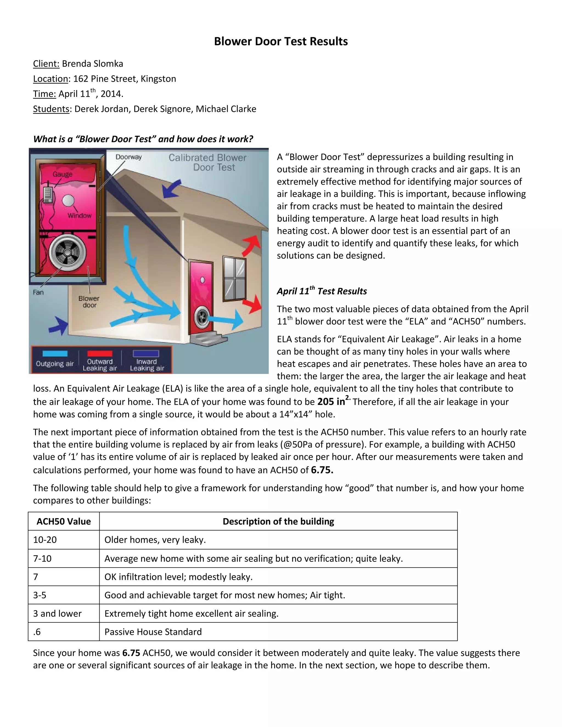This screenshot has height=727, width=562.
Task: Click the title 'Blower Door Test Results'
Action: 281,41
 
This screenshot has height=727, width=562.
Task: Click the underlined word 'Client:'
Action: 46,64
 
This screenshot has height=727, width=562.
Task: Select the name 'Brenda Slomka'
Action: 92,64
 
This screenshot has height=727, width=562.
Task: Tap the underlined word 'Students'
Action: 51,109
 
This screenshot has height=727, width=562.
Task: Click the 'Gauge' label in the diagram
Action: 62,174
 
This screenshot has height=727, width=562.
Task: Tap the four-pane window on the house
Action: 235,278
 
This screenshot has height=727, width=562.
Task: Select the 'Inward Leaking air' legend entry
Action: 147,365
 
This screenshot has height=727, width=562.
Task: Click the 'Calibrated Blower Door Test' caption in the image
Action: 207,162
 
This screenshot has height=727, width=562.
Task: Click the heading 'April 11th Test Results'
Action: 322,291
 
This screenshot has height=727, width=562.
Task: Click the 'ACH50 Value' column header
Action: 64,521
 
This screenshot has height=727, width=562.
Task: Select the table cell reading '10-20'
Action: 45,540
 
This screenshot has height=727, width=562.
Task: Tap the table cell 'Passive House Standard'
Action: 153,632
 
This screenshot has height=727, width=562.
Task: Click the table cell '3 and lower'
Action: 57,613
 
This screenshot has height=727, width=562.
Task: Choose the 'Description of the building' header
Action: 278,521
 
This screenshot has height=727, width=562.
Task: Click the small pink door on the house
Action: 201,296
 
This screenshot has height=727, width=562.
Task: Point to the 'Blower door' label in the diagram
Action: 89,301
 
